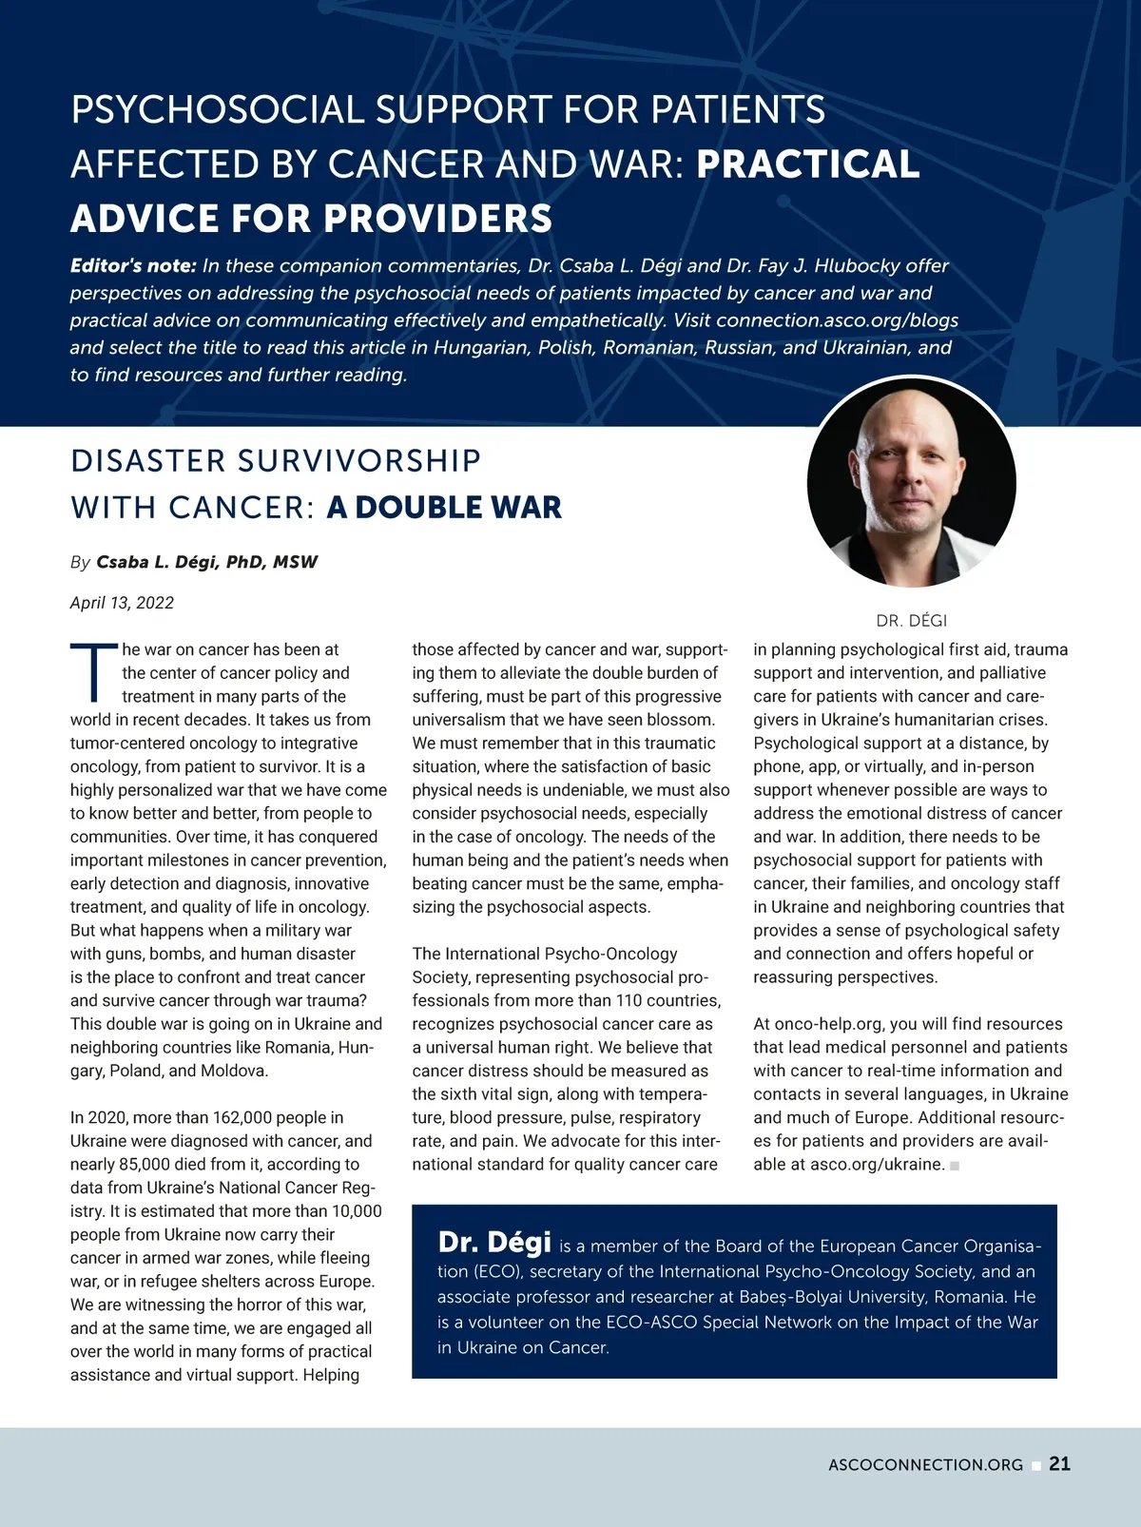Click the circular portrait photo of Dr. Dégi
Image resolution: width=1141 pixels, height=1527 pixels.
[x=911, y=482]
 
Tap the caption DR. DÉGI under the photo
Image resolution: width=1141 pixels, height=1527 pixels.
[x=911, y=621]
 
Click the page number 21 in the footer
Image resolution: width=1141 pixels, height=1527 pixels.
[x=1059, y=1464]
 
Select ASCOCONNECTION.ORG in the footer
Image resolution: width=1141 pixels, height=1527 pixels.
[x=925, y=1465]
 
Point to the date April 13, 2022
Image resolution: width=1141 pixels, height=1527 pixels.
[x=122, y=603]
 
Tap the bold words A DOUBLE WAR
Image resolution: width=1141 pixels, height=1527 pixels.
[x=444, y=507]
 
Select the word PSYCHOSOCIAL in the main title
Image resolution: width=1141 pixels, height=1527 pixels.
[x=217, y=110]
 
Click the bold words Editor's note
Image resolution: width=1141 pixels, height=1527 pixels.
[x=133, y=266]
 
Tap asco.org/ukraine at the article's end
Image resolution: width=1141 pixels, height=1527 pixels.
[x=877, y=1165]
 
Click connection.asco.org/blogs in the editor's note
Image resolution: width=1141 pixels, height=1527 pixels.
[x=837, y=320]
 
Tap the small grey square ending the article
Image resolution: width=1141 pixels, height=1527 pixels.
[x=955, y=1166]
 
